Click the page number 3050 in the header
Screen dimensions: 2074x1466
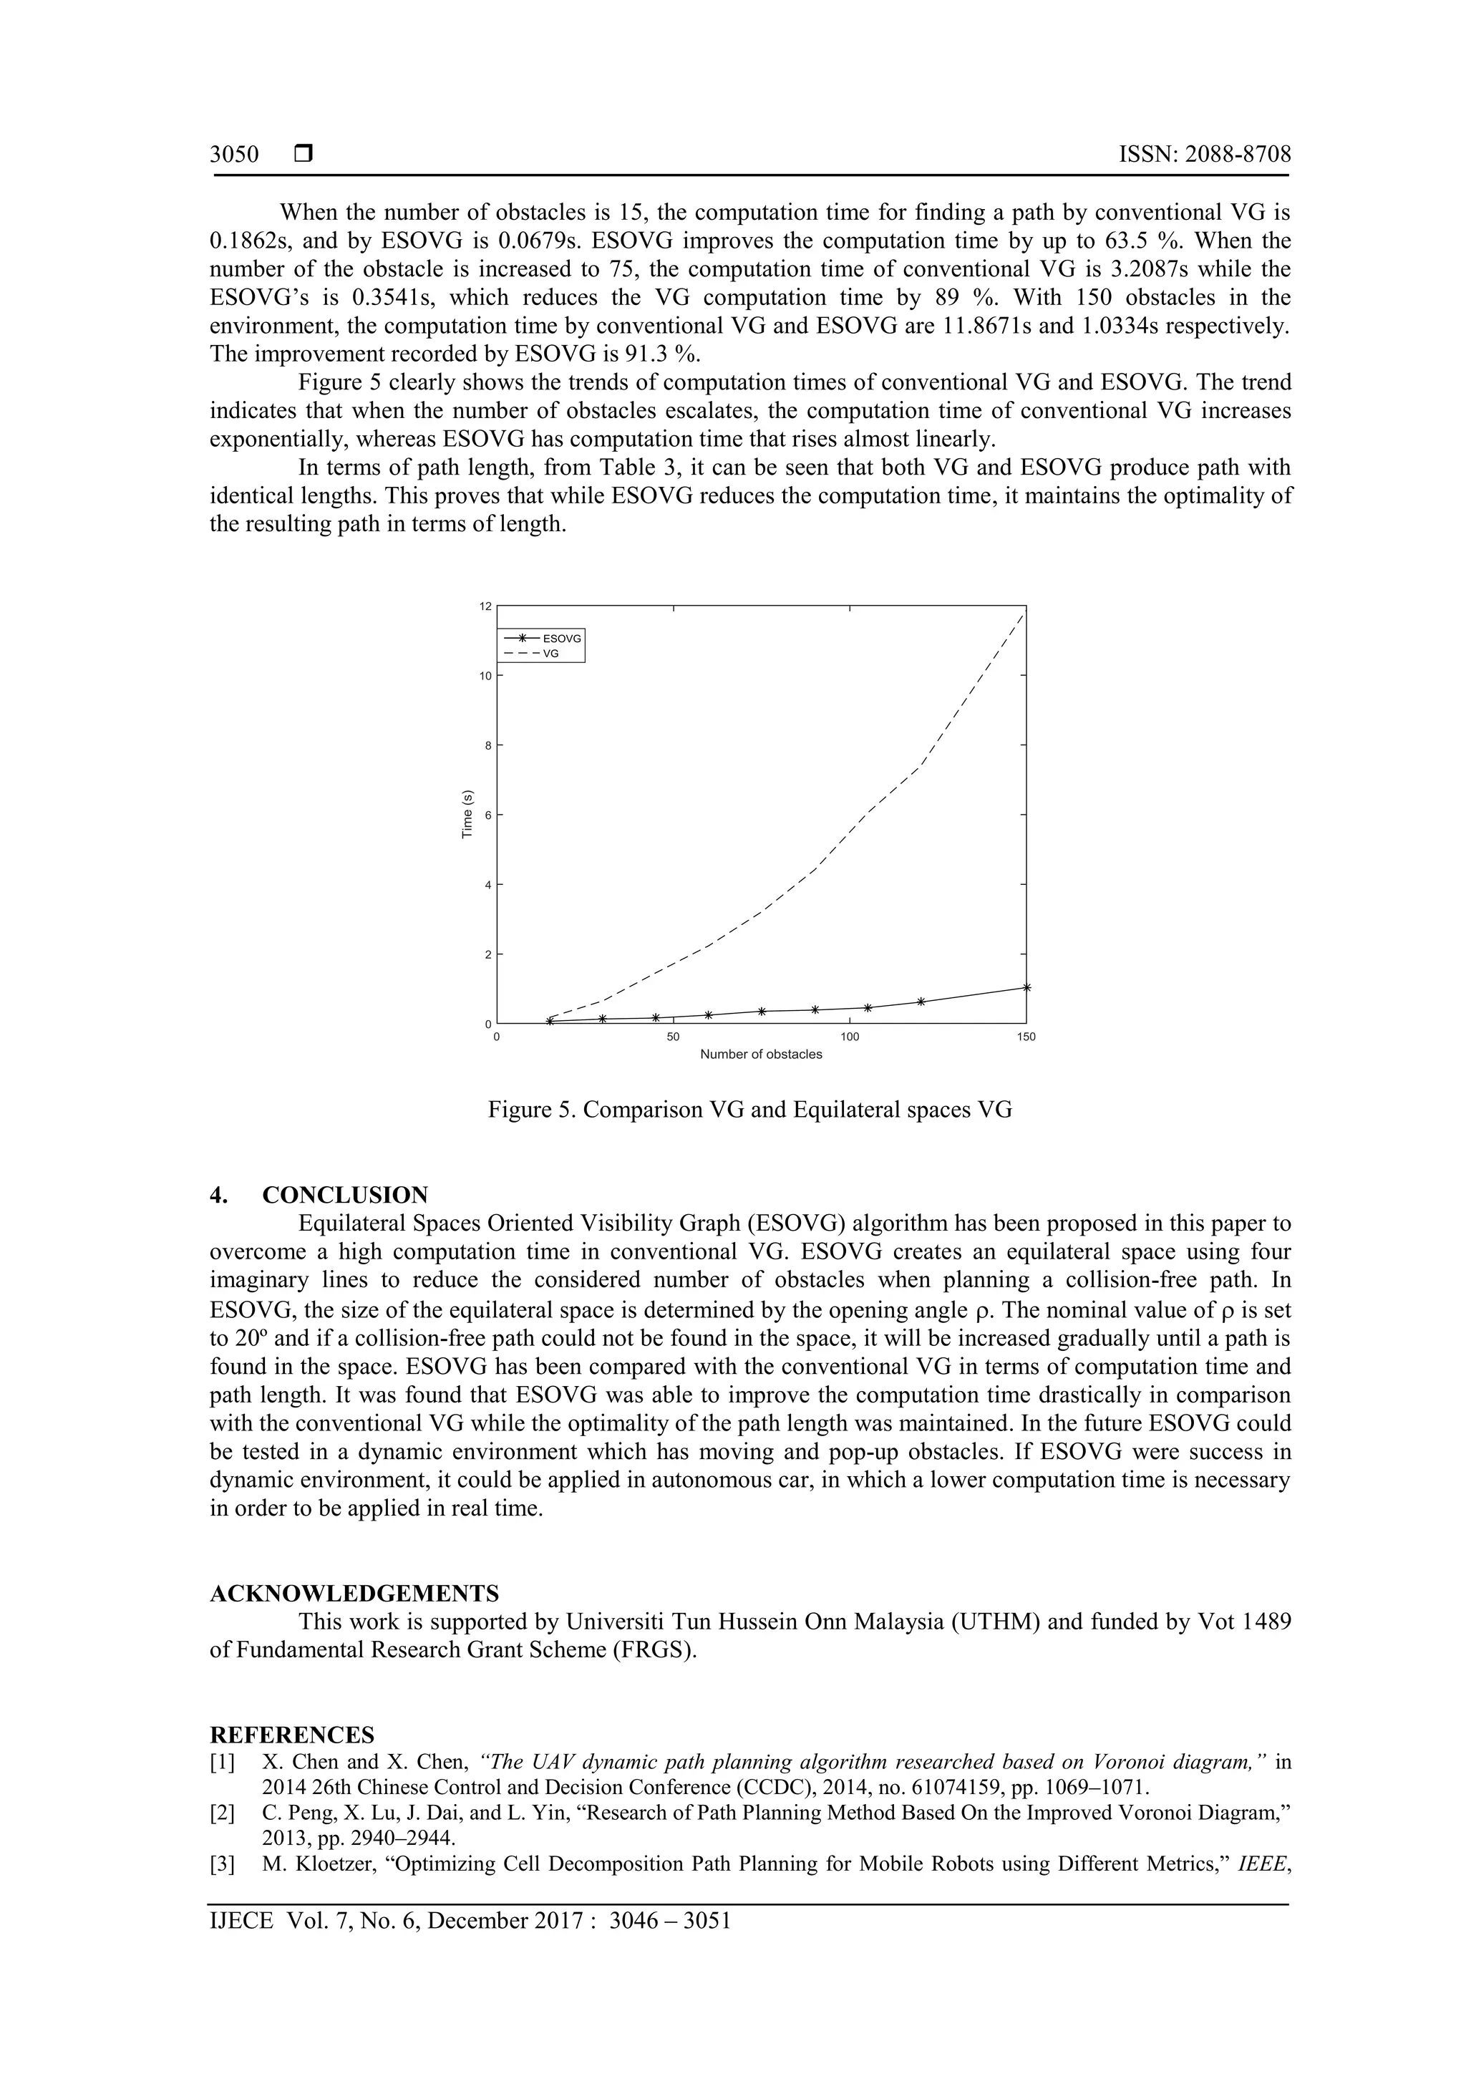point(234,155)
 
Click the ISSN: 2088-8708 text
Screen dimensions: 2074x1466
point(1204,155)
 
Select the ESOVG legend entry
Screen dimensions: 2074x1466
point(561,639)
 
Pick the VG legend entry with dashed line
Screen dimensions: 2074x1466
point(550,652)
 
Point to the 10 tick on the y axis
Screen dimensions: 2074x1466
point(485,676)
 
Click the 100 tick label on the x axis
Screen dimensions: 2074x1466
point(849,1037)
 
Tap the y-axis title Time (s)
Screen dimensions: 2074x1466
point(467,814)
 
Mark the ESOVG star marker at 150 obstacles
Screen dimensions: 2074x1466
point(1026,987)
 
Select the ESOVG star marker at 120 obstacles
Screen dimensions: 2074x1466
point(921,1001)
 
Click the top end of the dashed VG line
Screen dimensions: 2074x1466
point(1024,614)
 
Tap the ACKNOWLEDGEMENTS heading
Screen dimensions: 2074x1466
point(354,1592)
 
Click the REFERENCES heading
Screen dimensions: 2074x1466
point(292,1735)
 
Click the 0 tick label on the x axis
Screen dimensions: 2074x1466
point(497,1037)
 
